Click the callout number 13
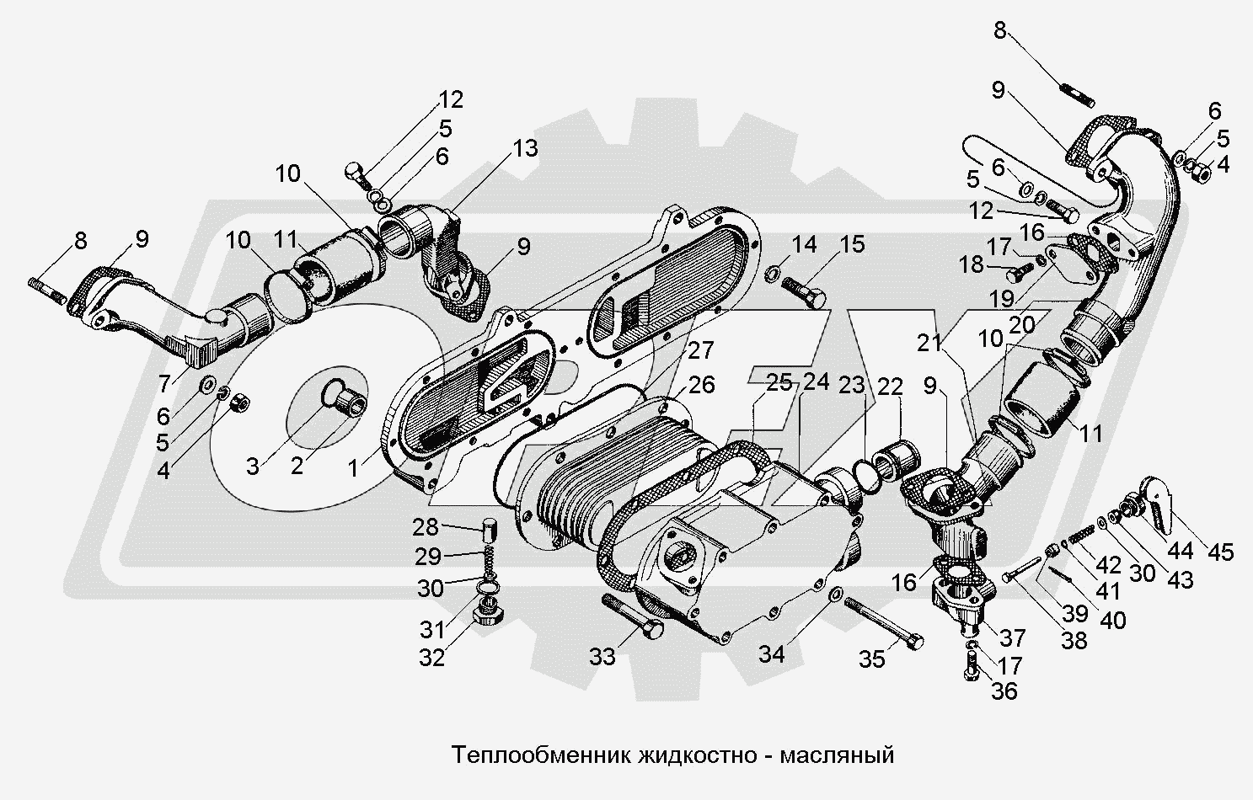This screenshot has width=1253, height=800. click(525, 148)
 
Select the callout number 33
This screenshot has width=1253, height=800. click(602, 657)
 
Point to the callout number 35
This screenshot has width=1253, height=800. click(872, 659)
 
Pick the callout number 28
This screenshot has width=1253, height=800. click(426, 527)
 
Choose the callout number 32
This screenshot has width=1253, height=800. click(431, 658)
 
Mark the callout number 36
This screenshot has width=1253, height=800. click(1004, 691)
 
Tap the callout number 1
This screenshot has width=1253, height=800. click(352, 468)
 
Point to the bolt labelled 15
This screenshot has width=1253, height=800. click(805, 291)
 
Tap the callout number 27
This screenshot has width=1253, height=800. click(701, 350)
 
